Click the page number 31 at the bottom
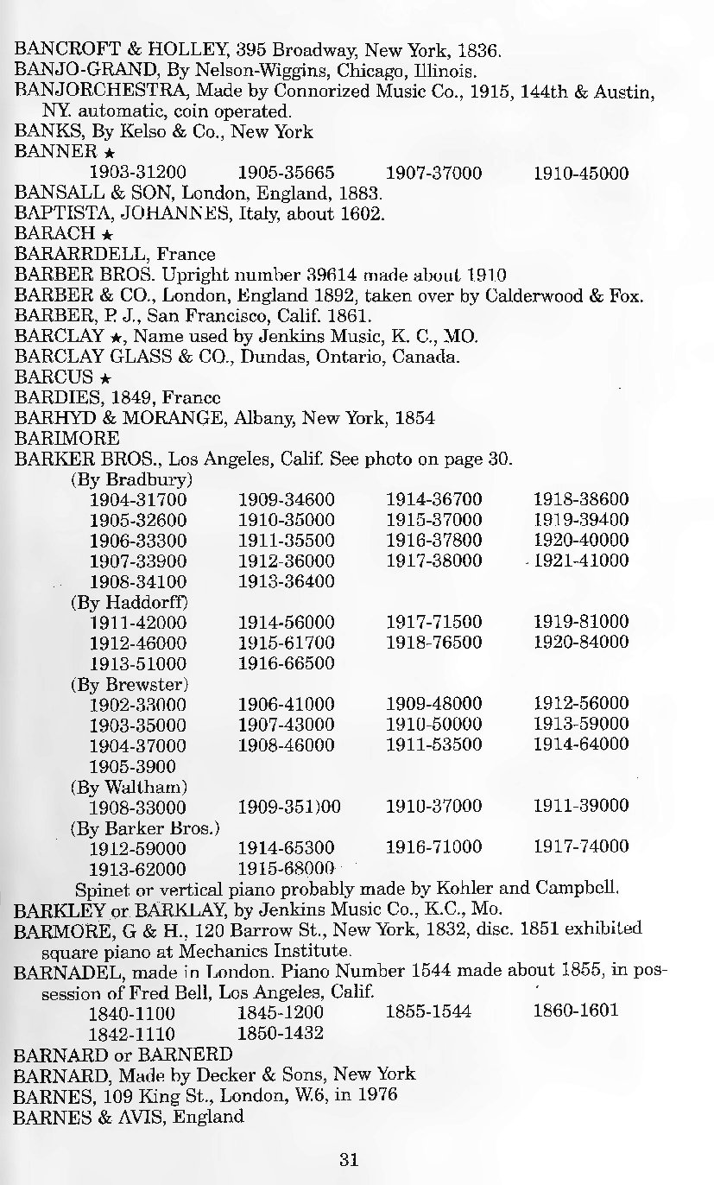tap(349, 1159)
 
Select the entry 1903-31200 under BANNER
tap(138, 173)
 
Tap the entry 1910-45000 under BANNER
tap(581, 173)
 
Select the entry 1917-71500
tap(433, 622)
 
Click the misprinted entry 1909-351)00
tap(289, 807)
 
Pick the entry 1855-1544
tap(428, 1011)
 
